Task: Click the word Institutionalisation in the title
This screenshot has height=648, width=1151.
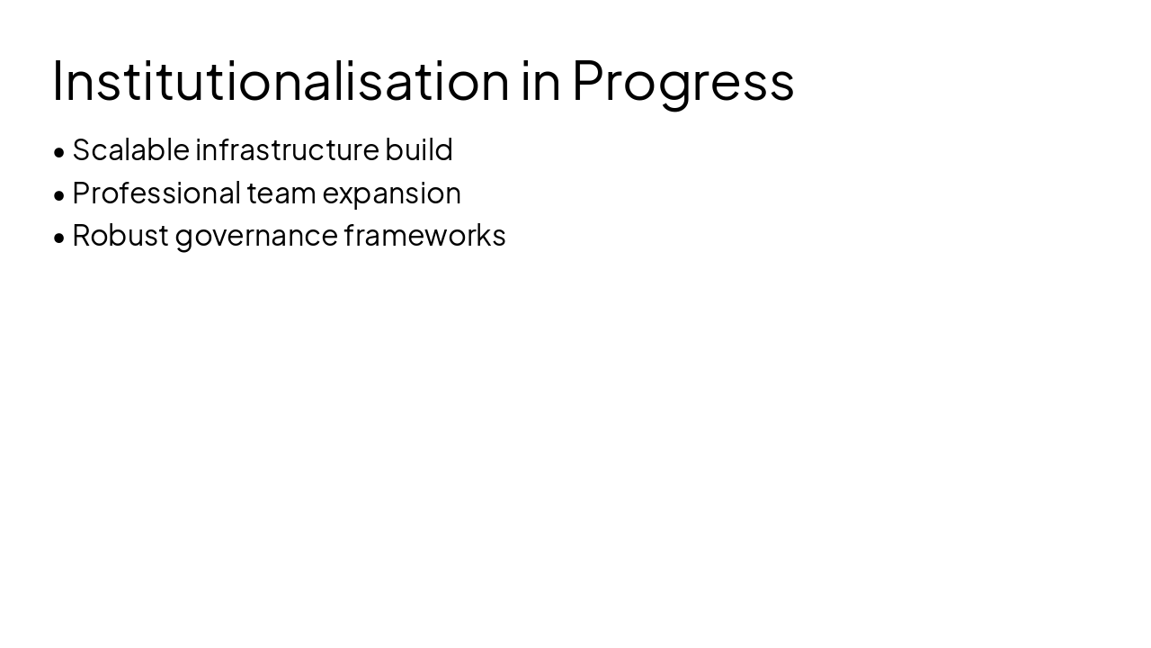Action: coord(281,80)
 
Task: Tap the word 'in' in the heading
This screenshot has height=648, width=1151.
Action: coord(540,80)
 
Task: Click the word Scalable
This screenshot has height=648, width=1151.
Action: coord(130,149)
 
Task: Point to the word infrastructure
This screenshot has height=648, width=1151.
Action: coord(287,149)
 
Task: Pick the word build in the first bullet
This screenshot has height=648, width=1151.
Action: coord(418,149)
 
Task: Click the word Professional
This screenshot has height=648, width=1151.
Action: coord(156,193)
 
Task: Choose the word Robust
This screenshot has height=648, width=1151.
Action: coord(120,235)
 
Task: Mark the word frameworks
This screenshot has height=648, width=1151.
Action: coord(424,235)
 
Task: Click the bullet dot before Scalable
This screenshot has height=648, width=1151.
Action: coord(59,152)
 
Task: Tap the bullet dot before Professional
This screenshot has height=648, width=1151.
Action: coord(59,195)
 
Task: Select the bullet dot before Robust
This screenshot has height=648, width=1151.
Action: coord(59,238)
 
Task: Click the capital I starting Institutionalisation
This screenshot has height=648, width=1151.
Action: coord(57,80)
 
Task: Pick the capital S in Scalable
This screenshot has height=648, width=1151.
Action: coord(81,149)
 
